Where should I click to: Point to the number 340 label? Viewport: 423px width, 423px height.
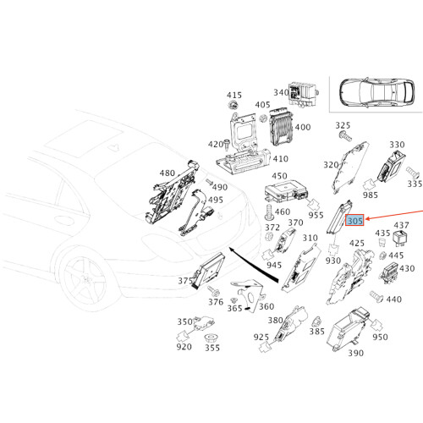point(281,92)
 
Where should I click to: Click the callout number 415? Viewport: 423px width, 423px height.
point(234,95)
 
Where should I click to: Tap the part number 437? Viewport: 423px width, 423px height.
point(402,225)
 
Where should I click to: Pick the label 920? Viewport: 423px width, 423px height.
point(184,347)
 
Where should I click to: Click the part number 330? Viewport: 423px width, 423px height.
point(396,146)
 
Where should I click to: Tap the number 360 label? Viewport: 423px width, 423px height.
point(266,306)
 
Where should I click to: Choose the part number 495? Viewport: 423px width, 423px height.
point(216,200)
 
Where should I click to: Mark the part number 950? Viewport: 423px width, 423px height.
point(380,338)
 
